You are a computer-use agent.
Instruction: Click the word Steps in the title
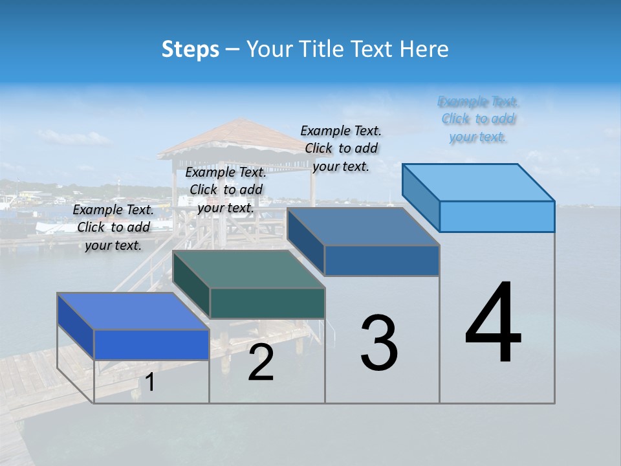(190, 49)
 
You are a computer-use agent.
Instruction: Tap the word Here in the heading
(422, 49)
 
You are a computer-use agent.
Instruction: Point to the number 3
(379, 343)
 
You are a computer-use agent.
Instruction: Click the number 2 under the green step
(261, 362)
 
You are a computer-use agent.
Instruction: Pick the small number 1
(150, 383)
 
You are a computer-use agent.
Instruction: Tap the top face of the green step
(249, 269)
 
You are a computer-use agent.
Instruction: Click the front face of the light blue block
(497, 216)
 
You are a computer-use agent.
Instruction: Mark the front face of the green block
(267, 303)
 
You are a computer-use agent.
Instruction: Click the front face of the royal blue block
(151, 344)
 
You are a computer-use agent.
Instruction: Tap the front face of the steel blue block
(382, 260)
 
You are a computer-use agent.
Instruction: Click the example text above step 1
(113, 227)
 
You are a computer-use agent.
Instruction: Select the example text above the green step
(226, 190)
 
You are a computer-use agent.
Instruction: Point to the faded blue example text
(479, 119)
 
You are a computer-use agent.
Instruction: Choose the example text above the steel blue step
(341, 148)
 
